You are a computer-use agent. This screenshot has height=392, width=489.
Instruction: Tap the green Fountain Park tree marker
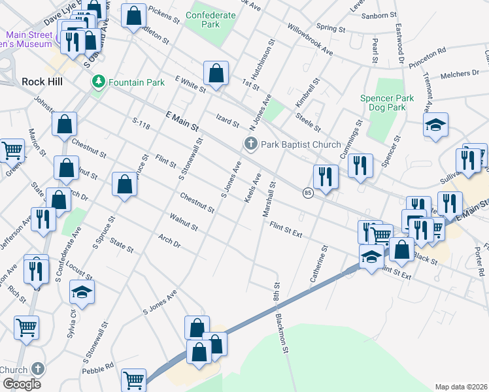click(99, 82)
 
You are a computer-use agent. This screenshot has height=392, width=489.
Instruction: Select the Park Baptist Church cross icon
click(250, 144)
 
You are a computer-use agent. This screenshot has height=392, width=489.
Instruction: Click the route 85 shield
click(307, 192)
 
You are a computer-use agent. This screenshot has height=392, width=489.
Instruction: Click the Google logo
click(22, 384)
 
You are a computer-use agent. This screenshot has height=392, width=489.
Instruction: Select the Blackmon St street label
click(284, 335)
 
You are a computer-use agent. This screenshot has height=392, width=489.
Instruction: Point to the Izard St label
click(228, 120)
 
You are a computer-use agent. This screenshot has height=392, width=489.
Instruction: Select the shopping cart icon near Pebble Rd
click(134, 379)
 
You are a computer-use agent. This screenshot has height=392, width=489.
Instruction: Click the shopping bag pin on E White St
click(216, 73)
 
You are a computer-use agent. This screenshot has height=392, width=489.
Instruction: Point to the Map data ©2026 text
click(461, 387)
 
